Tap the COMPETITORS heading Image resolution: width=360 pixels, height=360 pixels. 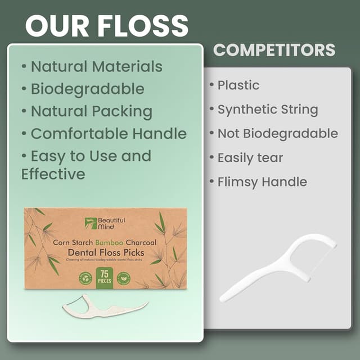coord(274,49)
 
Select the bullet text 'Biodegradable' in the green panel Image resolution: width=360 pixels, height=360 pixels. coord(87,89)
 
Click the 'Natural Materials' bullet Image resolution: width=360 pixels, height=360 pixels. coord(96,66)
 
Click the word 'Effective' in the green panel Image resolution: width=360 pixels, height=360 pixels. coord(53,174)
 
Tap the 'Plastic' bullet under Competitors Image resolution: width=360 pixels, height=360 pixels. coord(238,85)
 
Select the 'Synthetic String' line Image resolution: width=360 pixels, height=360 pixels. coord(268,110)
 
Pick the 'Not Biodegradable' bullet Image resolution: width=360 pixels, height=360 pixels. coord(277,134)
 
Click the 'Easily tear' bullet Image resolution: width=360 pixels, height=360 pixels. coord(250,158)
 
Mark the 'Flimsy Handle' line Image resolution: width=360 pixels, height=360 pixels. coord(262,182)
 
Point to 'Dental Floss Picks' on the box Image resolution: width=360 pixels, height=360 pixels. coord(106,253)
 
